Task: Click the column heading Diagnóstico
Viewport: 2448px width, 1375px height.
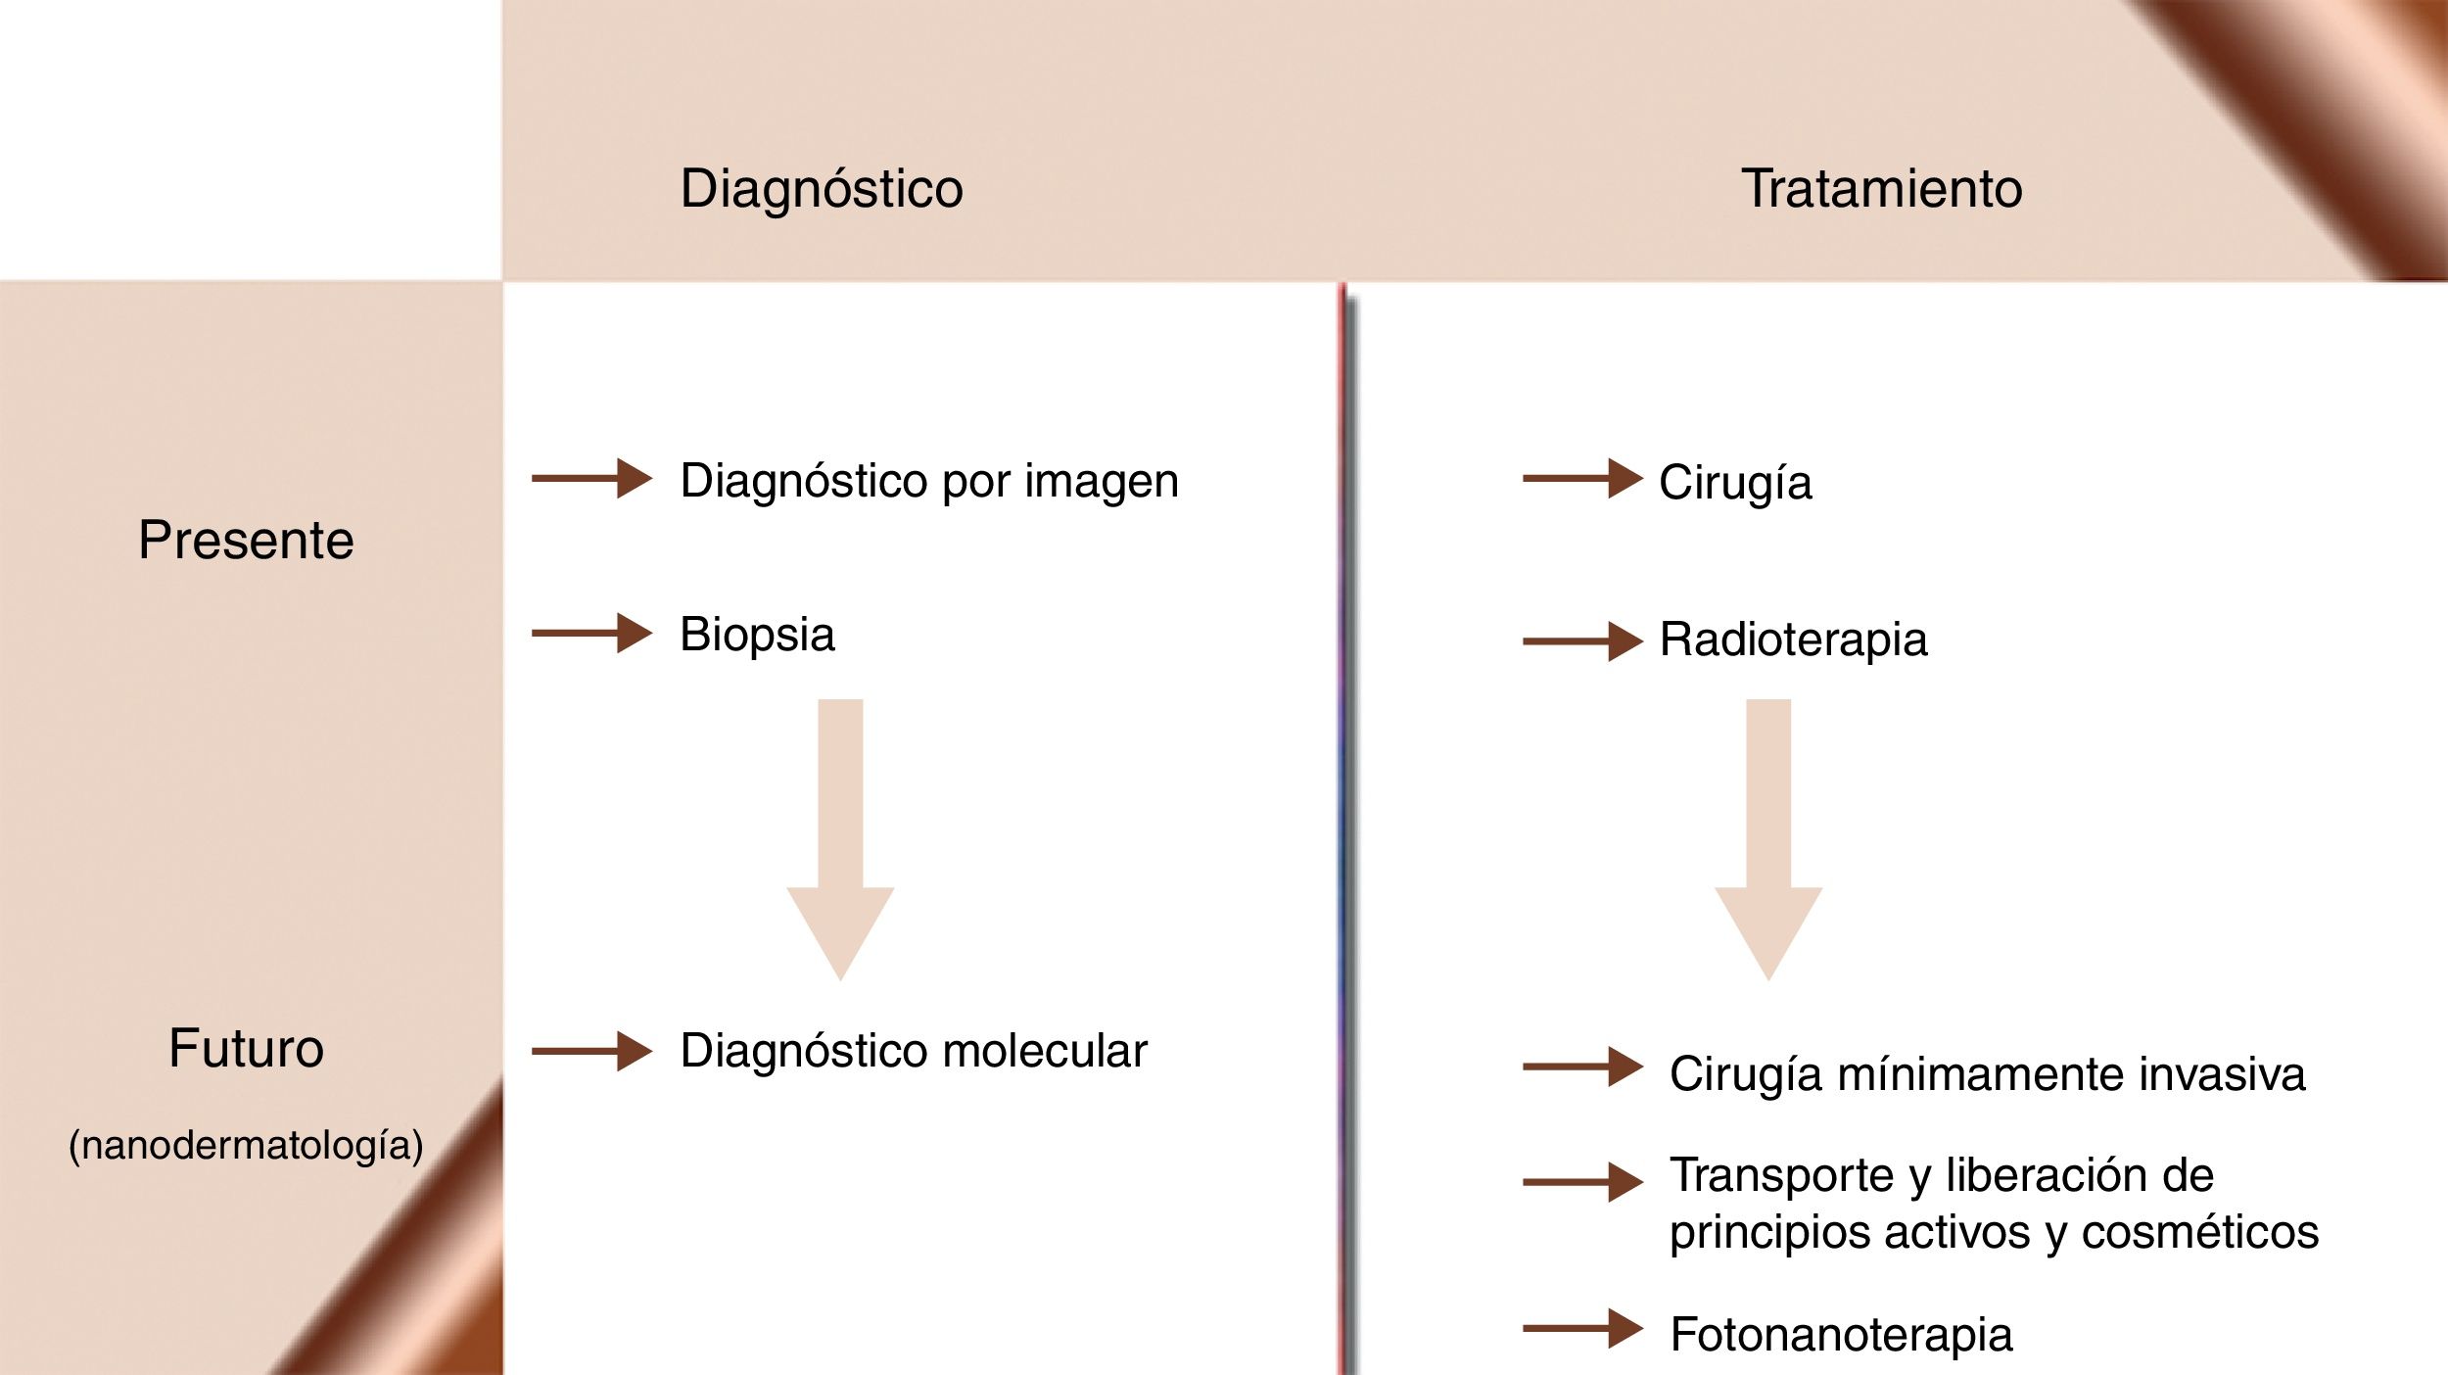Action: (x=822, y=188)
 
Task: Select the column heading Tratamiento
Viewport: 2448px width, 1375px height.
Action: (x=1881, y=188)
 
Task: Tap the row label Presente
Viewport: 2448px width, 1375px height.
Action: (x=246, y=540)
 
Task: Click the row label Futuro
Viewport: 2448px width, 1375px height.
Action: (x=246, y=1048)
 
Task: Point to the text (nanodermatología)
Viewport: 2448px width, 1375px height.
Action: (x=246, y=1145)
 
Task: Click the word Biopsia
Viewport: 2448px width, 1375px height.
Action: (x=757, y=635)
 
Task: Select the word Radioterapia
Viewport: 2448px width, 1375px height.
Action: (x=1793, y=640)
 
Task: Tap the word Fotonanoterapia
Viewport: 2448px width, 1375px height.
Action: (x=1841, y=1334)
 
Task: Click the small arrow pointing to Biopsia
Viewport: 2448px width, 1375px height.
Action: (x=591, y=633)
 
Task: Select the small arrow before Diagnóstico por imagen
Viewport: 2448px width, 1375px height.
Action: (x=591, y=479)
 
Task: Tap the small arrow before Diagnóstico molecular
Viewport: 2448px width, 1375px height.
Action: (x=591, y=1052)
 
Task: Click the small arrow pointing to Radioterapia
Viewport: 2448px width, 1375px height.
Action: (x=1582, y=641)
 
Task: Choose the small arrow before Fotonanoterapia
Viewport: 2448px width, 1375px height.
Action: (x=1582, y=1328)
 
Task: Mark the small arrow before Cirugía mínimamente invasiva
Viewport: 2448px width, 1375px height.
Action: (x=1582, y=1067)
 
